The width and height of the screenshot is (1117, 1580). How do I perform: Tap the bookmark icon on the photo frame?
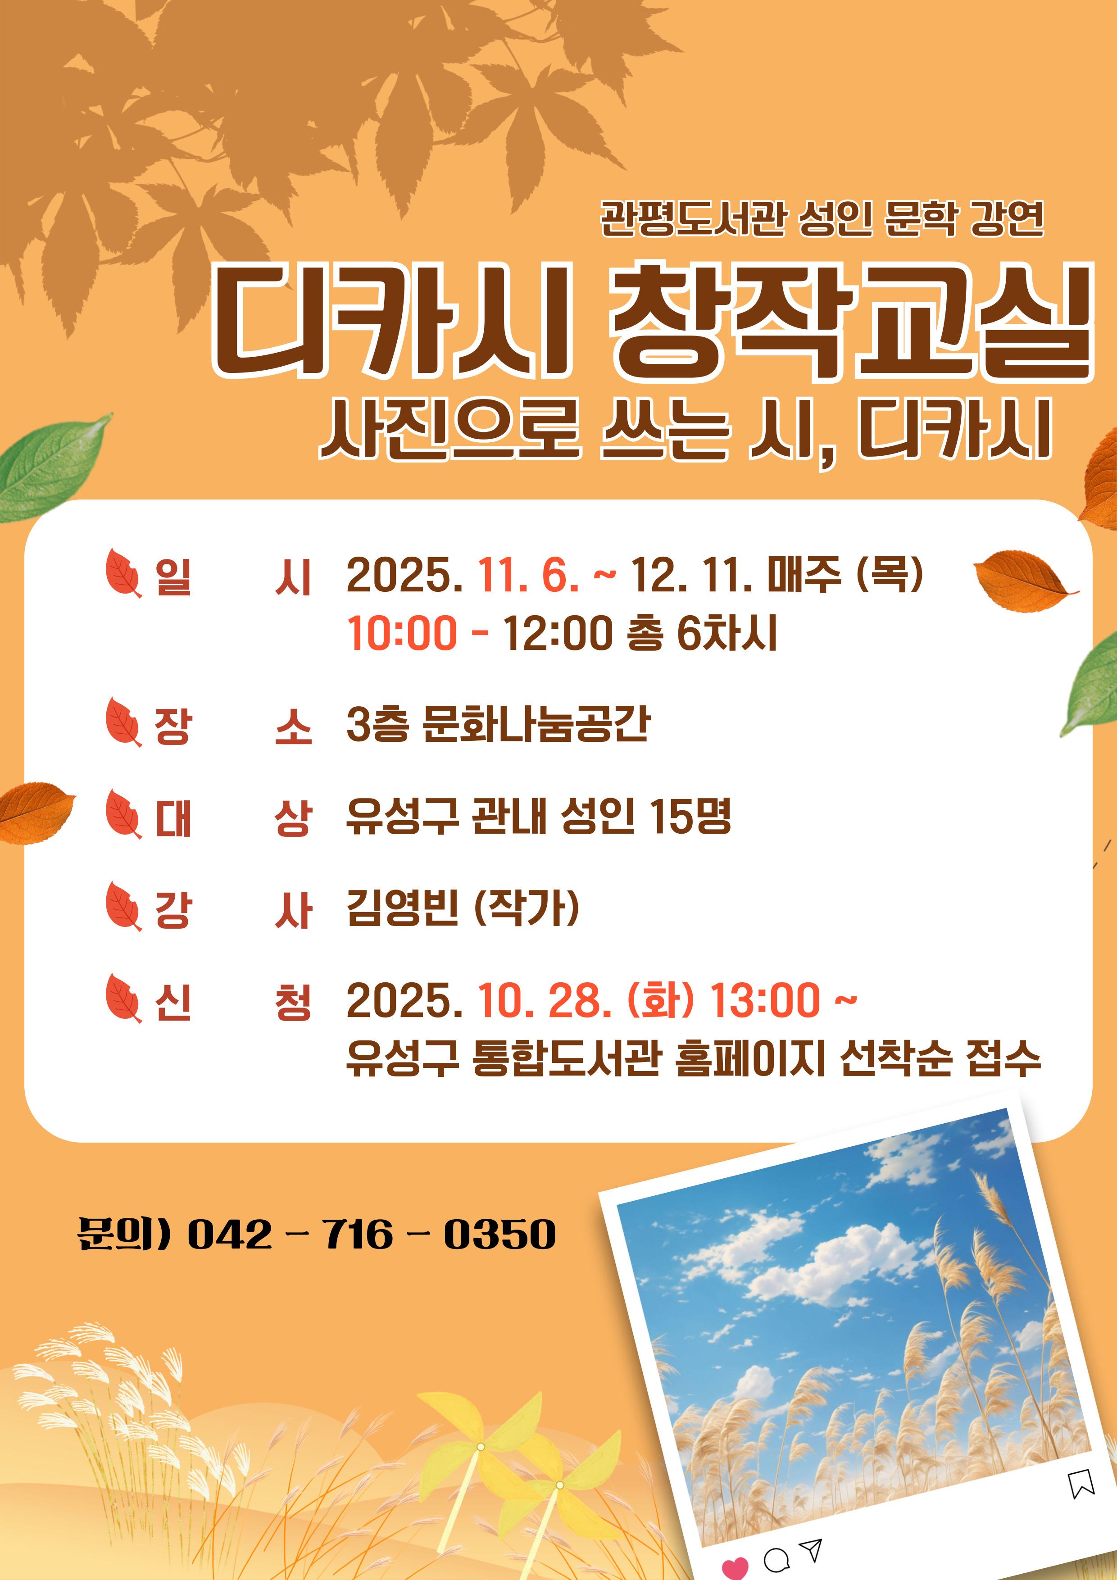1081,1483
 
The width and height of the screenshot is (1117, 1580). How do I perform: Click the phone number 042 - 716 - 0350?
371,1235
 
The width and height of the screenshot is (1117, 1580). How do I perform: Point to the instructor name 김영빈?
403,908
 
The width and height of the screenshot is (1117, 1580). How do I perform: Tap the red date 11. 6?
528,575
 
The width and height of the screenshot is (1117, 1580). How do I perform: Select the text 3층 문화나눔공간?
498,725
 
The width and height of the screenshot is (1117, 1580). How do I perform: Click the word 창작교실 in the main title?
851,322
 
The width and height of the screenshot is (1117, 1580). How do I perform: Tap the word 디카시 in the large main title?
392,322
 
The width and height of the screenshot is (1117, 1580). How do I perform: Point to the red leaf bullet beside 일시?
123,572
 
